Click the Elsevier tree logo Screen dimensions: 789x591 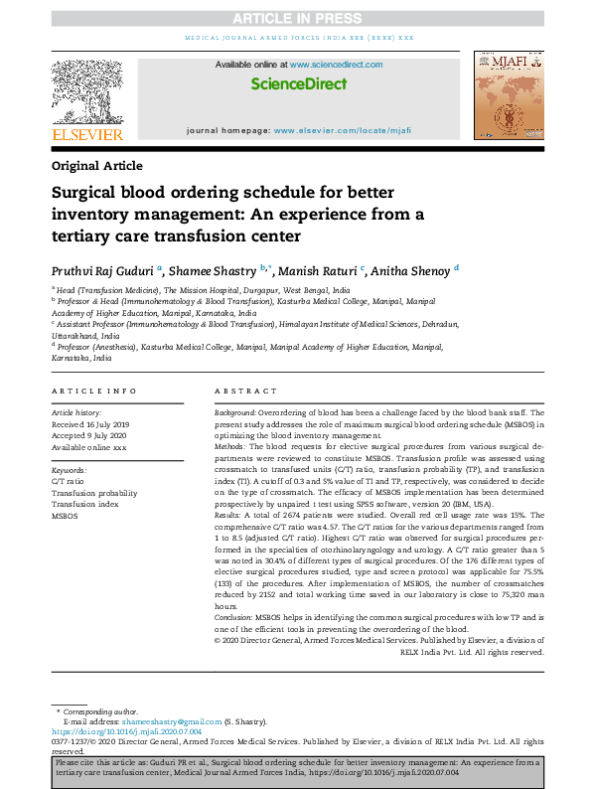[x=87, y=92]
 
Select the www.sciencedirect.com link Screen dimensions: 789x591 [x=343, y=65]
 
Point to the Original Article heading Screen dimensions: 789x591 [x=96, y=166]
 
